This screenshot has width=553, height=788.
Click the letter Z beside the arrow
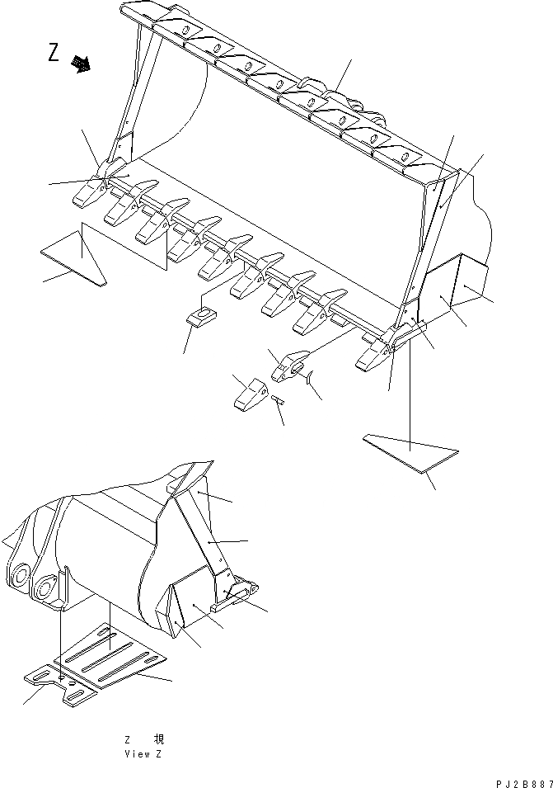coord(54,54)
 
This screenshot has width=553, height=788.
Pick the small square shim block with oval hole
coord(199,317)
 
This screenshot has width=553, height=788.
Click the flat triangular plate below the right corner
coord(410,453)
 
